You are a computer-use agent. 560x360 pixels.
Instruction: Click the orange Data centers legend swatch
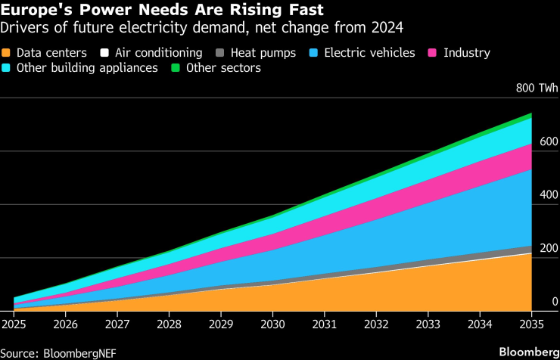coord(8,53)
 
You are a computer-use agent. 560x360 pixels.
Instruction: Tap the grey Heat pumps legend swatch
coord(219,53)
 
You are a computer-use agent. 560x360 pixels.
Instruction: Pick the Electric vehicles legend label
coord(369,53)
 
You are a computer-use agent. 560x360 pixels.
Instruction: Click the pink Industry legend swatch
coord(434,53)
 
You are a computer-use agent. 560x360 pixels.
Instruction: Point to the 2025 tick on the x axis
coord(13,324)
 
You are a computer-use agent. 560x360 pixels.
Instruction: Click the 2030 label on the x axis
coord(272,324)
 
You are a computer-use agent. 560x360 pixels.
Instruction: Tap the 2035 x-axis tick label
coord(532,324)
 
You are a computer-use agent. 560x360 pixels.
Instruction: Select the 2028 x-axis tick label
coord(169,324)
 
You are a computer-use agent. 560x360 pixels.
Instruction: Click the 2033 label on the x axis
coord(428,324)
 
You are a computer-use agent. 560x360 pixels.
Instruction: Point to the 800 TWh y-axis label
coord(537,88)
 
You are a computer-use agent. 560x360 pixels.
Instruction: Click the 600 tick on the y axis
coord(549,142)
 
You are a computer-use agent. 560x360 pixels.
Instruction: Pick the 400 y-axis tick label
coord(549,195)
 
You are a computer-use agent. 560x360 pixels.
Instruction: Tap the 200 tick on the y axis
coord(549,249)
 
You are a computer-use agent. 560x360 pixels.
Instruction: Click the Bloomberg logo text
coord(522,352)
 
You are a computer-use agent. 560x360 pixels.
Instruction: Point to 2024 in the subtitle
coord(387,29)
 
